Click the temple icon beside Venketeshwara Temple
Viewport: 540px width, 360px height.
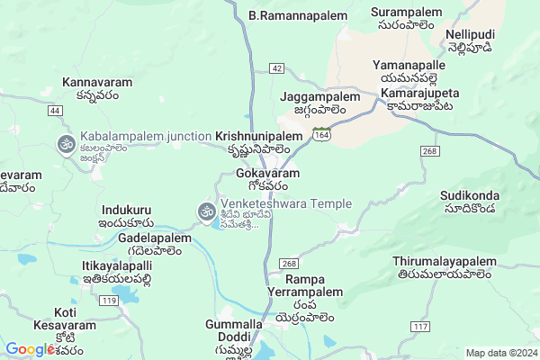coord(205,212)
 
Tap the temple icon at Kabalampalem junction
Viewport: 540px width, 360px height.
coord(66,144)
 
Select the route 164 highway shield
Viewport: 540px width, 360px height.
coord(320,133)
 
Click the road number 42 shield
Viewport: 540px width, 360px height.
coord(276,68)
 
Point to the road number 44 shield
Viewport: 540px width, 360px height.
coord(56,110)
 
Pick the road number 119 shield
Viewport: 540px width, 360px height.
coord(110,299)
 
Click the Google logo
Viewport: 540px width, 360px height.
coord(31,349)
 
